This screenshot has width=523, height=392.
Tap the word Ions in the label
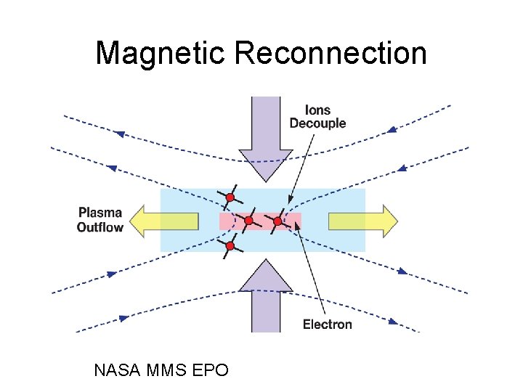point(317,110)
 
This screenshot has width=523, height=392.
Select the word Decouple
point(317,123)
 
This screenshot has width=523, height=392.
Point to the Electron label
point(327,324)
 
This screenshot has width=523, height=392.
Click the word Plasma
point(100,213)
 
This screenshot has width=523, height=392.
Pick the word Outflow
point(100,227)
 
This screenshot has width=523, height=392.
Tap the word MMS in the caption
point(166,370)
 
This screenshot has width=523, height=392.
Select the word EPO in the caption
point(211,370)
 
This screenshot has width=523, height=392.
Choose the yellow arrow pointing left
point(171,221)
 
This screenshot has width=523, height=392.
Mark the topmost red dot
point(230,197)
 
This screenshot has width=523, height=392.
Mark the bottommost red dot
point(230,247)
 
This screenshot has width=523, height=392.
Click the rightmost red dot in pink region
point(277,221)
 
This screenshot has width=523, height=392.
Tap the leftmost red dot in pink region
point(248,220)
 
